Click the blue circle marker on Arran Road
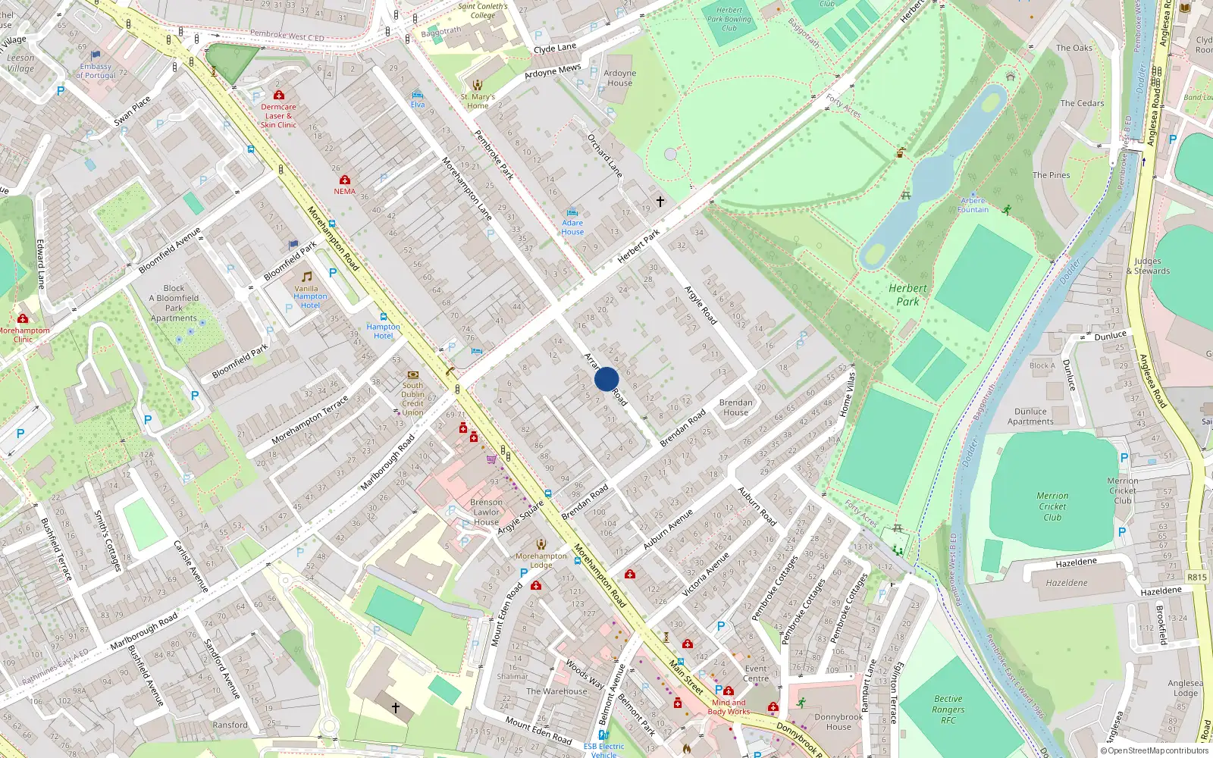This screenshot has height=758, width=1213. (606, 379)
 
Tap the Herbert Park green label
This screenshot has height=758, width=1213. (907, 295)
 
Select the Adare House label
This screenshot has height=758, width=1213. (572, 227)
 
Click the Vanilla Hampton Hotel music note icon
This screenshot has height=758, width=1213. (307, 277)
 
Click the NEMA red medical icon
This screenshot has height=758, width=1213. (345, 180)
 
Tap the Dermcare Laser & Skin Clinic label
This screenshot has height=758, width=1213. (278, 116)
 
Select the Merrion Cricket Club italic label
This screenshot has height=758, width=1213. (1052, 506)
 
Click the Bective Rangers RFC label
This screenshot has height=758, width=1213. (948, 709)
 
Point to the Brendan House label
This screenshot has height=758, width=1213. (735, 408)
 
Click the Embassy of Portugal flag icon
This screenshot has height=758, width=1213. (96, 55)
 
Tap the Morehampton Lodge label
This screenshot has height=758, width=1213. (541, 560)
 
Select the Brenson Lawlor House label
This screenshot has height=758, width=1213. (486, 512)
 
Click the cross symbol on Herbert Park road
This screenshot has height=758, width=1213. (660, 202)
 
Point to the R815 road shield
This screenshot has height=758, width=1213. (1196, 577)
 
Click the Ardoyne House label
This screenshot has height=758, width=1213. (619, 78)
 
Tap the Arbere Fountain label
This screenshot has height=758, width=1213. (973, 205)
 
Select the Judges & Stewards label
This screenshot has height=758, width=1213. (1148, 266)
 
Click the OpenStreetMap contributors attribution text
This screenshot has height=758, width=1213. (1155, 750)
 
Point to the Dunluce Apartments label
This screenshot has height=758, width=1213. (1030, 416)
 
